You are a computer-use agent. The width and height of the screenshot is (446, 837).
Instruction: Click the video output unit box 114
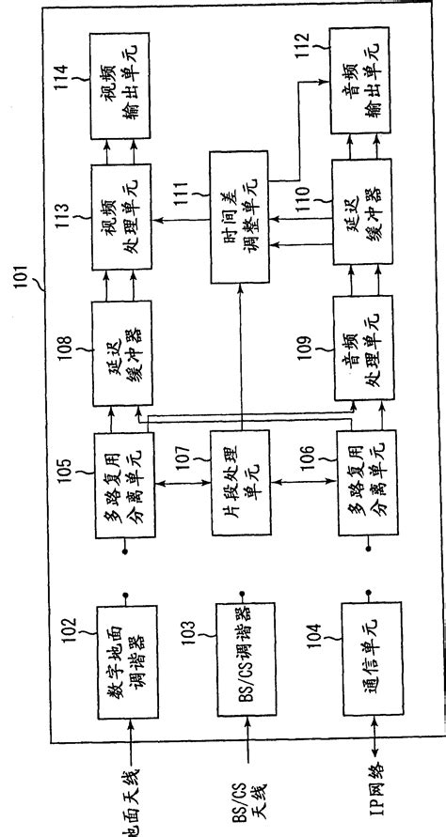pos(124,80)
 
